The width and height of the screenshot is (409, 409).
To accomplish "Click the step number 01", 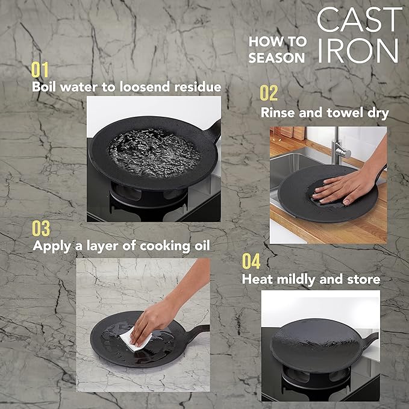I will [40, 70].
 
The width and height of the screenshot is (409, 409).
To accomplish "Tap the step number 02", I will [269, 93].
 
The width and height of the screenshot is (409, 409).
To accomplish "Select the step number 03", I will [41, 229].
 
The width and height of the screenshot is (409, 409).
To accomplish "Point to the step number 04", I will [251, 261].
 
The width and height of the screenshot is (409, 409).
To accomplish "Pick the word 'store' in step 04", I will [363, 279].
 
